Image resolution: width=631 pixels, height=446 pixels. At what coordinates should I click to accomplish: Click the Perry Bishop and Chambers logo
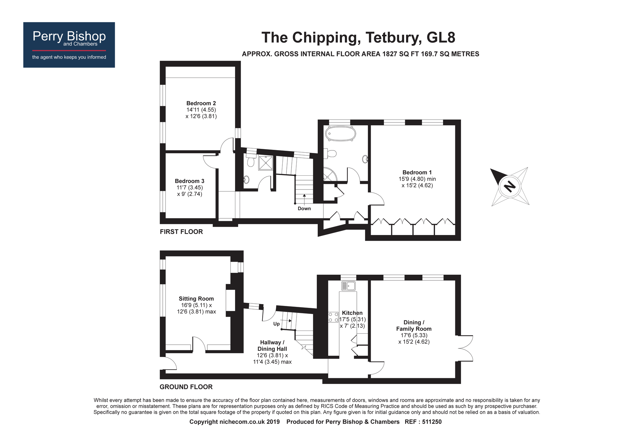click(x=69, y=44)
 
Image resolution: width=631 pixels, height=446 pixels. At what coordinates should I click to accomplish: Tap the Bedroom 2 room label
click(x=201, y=103)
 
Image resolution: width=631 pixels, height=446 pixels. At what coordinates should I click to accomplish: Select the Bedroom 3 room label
click(x=190, y=181)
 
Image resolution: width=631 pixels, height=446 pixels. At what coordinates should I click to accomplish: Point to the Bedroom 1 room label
click(x=417, y=172)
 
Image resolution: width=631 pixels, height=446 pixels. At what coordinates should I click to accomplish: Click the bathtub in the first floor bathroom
click(x=340, y=134)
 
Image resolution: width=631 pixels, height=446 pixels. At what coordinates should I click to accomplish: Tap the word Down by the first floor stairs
click(x=304, y=208)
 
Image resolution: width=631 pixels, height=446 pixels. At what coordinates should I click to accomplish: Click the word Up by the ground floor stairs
click(x=276, y=324)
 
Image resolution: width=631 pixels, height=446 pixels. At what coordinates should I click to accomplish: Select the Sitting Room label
click(x=196, y=299)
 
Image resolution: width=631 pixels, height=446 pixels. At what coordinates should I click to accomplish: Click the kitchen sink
click(x=348, y=286)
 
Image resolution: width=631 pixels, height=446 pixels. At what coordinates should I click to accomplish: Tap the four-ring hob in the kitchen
click(x=333, y=317)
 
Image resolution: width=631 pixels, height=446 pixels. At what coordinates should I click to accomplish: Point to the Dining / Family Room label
click(x=414, y=326)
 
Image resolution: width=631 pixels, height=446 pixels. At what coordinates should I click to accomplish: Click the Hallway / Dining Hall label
click(x=272, y=346)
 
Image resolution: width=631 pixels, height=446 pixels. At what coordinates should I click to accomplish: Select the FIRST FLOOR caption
click(x=181, y=232)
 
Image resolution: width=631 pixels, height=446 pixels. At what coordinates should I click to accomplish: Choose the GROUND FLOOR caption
click(x=186, y=387)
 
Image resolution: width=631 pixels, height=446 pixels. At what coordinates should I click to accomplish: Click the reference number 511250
click(x=430, y=422)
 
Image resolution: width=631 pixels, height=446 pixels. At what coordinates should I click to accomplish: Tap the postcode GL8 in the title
click(x=441, y=38)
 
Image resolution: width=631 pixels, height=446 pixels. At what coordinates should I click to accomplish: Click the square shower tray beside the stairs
click(x=266, y=163)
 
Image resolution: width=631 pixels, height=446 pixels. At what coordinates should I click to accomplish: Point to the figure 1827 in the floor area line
click(x=390, y=54)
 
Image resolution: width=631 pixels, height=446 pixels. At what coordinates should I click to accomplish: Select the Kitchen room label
click(x=352, y=313)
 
